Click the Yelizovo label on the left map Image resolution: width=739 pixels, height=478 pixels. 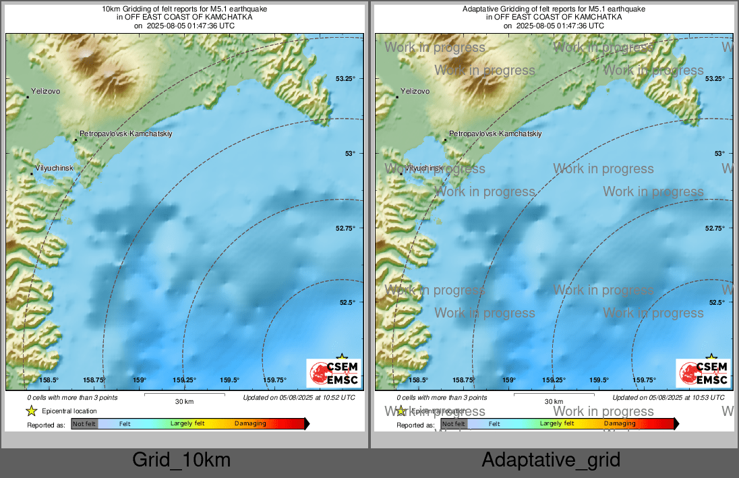(47, 91)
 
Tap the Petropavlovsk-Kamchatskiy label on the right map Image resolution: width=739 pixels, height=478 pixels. (496, 134)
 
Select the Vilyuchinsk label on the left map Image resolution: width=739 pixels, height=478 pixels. (53, 168)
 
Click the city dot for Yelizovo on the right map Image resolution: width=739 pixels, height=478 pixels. (397, 97)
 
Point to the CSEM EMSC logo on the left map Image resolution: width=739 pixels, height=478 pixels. (334, 374)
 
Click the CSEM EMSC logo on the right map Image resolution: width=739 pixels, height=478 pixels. (703, 374)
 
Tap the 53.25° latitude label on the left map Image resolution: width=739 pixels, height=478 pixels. (345, 79)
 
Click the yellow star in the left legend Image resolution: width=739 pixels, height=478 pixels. (31, 411)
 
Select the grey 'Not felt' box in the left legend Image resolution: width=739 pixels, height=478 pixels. (84, 424)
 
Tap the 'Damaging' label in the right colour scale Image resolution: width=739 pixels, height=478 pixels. (620, 424)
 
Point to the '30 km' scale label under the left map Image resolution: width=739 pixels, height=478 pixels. (184, 402)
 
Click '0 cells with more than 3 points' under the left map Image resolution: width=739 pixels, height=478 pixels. (72, 398)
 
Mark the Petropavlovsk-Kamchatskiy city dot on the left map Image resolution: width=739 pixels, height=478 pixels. (76, 140)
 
